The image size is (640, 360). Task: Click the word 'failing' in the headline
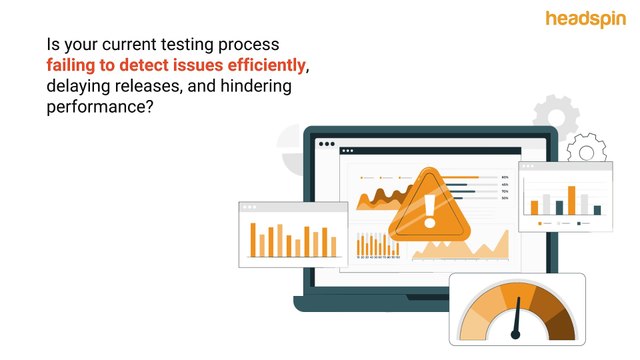point(69,66)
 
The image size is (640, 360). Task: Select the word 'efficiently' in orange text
point(265,66)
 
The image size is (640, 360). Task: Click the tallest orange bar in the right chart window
point(571,199)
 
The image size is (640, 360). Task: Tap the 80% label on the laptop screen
point(505,177)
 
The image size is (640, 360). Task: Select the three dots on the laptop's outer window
point(326,144)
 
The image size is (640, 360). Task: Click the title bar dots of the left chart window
point(247,208)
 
